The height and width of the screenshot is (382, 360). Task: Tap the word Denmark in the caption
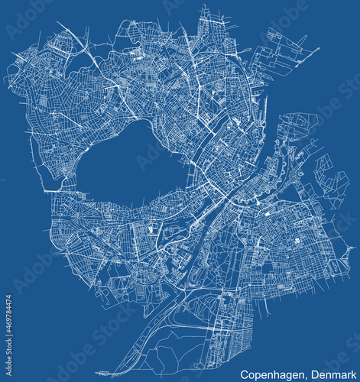point(332,375)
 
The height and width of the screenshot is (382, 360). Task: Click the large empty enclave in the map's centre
point(130,164)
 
